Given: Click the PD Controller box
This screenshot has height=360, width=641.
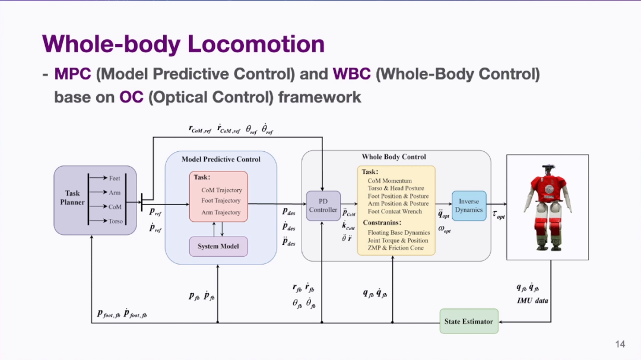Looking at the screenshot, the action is tap(323, 206).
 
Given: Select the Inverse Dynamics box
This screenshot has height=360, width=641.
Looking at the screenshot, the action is tap(469, 206).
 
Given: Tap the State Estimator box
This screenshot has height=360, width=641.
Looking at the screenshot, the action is tap(469, 321).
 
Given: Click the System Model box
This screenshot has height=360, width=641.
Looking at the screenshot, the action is tap(218, 246).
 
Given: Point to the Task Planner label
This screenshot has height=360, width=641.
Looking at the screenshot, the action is tap(72, 197).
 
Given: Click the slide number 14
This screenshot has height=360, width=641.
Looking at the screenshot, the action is tap(620, 344).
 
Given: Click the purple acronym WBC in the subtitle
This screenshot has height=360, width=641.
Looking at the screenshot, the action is tap(351, 74).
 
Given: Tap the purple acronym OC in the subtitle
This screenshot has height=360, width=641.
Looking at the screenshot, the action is tap(131, 97).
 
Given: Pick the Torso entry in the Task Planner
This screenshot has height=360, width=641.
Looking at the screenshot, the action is tap(116, 221).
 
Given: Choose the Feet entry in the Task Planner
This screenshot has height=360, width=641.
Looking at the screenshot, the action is tap(115, 178).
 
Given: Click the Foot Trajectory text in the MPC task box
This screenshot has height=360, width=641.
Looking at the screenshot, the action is tap(221, 200).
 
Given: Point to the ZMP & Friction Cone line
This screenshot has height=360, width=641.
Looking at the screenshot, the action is tap(395, 248).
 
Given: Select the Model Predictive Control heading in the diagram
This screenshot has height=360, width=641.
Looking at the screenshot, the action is tap(221, 160).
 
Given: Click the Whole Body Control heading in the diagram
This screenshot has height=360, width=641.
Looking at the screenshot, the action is tap(394, 157).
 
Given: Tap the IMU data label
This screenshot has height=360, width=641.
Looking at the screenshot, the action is tap(532, 301).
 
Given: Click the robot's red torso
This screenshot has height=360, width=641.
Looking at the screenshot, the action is tap(548, 189).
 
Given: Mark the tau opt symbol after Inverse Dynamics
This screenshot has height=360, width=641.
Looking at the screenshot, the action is tap(499, 215).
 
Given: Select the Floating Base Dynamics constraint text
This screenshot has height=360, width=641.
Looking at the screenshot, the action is tap(399, 232).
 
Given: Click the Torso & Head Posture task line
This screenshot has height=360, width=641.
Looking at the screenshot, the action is tap(396, 189).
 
